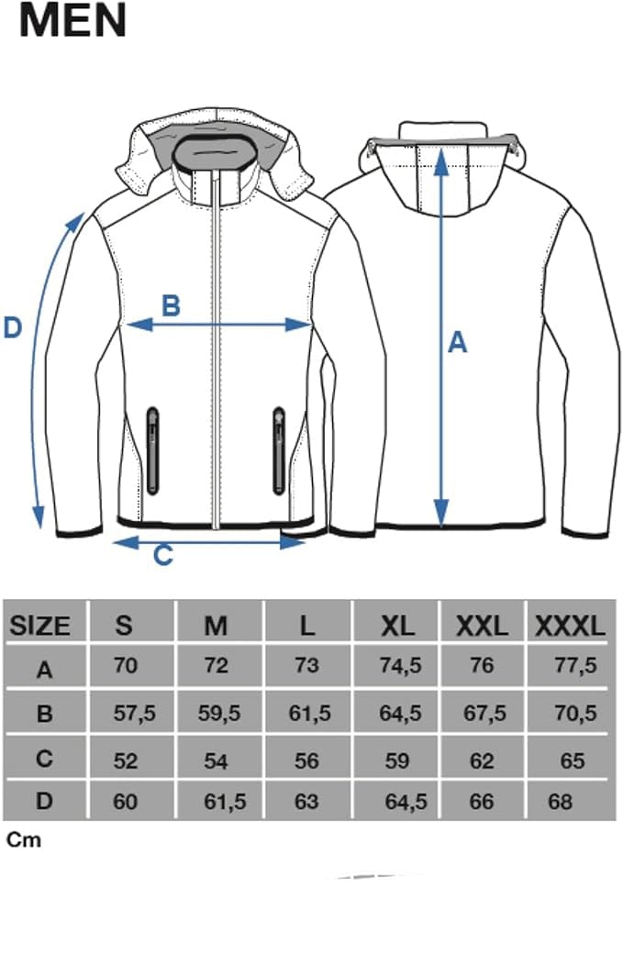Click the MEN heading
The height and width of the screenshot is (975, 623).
point(72,20)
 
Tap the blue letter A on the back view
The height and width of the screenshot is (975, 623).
point(458,343)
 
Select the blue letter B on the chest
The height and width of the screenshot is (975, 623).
point(171,306)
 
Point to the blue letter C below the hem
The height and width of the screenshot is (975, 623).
point(163,555)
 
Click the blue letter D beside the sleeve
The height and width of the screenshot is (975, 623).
point(13,327)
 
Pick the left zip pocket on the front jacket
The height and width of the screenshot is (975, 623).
point(152,450)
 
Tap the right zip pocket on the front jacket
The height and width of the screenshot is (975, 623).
point(279,450)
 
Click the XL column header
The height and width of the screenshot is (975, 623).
point(397,626)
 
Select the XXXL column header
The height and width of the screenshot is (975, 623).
point(570,626)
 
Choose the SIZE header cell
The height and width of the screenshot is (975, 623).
point(39,626)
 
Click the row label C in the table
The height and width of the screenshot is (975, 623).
point(44,759)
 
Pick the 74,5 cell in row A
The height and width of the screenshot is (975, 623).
point(400,665)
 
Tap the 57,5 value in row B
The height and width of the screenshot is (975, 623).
point(134,714)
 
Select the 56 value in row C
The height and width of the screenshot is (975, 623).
point(306,760)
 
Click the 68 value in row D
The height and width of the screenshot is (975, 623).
point(561,802)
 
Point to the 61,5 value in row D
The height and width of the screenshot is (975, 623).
point(225,802)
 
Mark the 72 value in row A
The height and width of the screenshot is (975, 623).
point(216,665)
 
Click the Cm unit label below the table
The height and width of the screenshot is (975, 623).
point(24,840)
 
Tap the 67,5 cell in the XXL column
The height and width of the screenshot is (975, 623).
point(485,714)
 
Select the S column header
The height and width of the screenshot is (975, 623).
point(124,626)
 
